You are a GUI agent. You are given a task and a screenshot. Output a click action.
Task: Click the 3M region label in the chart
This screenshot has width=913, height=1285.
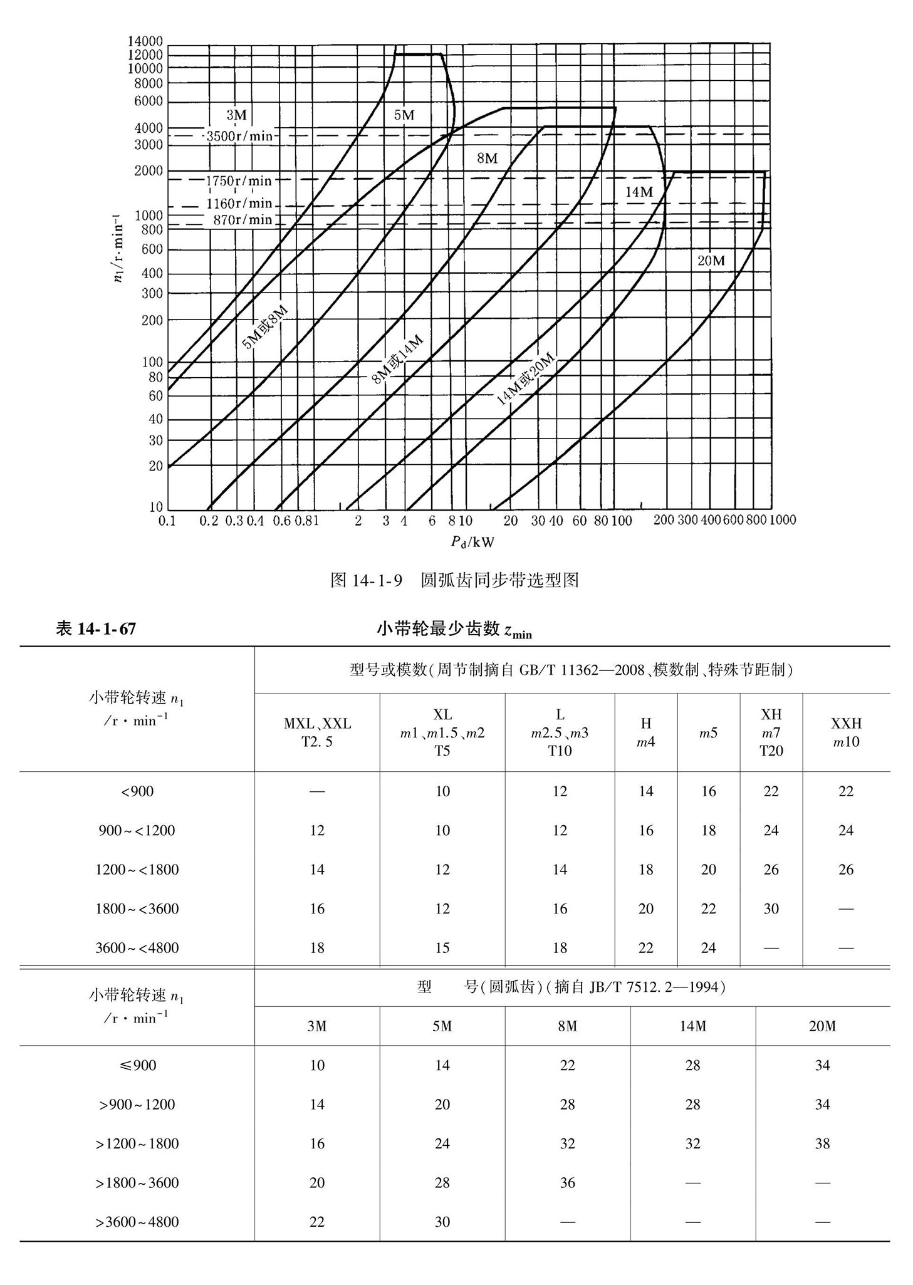[x=236, y=115]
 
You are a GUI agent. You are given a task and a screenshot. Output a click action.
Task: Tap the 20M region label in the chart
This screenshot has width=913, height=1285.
[x=711, y=261]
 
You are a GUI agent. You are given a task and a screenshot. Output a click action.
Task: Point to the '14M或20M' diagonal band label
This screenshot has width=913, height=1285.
[x=526, y=380]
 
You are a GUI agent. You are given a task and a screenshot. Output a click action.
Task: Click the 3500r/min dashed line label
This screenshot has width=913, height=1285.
[x=239, y=136]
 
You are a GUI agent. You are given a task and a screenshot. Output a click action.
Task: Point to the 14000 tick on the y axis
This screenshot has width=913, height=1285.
[x=145, y=41]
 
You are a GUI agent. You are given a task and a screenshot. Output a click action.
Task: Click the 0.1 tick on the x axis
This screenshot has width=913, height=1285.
[x=167, y=521]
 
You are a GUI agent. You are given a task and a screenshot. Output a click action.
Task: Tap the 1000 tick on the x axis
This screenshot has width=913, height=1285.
[x=782, y=520]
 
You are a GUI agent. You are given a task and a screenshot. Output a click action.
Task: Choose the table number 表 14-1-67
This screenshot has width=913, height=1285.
[x=96, y=629]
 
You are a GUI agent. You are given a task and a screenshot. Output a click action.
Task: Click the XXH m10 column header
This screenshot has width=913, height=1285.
[x=846, y=732]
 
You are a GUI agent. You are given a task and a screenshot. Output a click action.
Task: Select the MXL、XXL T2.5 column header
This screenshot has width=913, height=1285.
[x=317, y=732]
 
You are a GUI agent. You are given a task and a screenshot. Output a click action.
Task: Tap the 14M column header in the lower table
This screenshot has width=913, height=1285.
[x=692, y=1026]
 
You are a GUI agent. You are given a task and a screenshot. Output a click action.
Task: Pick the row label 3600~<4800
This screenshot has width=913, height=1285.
[x=137, y=948]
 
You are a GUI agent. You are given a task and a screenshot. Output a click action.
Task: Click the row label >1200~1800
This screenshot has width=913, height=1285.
[x=137, y=1144]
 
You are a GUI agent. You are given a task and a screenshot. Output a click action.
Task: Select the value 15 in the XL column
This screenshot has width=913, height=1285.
[x=442, y=948]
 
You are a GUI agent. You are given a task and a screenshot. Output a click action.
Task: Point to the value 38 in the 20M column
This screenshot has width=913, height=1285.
[x=822, y=1144]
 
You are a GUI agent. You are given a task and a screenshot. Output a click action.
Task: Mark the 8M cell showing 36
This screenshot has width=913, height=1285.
[x=567, y=1183]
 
